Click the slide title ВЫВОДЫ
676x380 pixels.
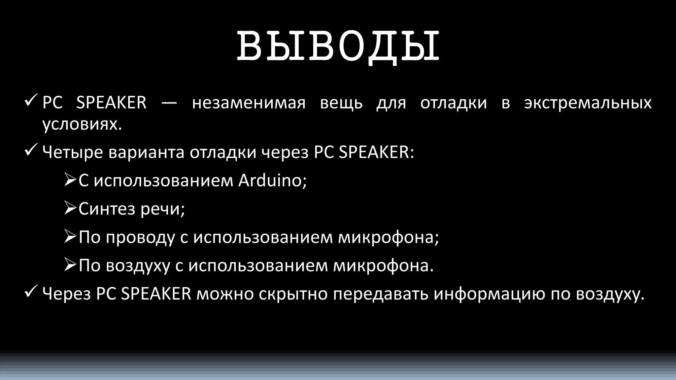point(338,46)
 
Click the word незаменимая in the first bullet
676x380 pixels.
point(249,103)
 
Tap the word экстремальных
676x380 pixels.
point(588,103)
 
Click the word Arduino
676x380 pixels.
point(272,180)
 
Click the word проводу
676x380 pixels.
point(140,237)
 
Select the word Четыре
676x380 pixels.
point(73,153)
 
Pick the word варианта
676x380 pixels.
point(146,153)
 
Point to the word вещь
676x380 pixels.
point(341,103)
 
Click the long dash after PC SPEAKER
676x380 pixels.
point(169,103)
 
